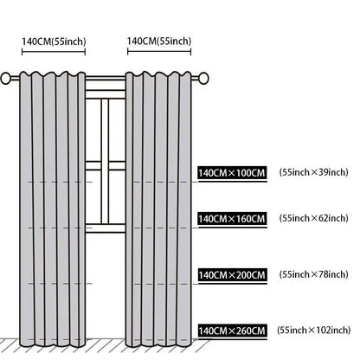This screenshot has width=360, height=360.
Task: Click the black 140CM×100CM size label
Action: [x=232, y=173]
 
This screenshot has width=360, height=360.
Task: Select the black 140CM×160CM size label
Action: [x=232, y=219]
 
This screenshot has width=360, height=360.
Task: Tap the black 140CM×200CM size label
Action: [x=232, y=275]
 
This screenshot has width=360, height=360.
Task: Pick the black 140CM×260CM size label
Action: [x=232, y=331]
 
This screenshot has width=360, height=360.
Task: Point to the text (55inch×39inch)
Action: [x=313, y=172]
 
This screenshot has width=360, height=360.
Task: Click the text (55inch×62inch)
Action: [x=313, y=218]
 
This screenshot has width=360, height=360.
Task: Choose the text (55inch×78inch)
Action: [x=313, y=274]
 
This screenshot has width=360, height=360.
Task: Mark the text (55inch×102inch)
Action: [x=314, y=330]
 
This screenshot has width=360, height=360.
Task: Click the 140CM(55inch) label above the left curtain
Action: [x=54, y=42]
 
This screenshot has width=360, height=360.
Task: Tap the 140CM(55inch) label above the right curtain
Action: [x=159, y=42]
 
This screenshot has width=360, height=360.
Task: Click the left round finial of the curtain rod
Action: [x=5, y=78]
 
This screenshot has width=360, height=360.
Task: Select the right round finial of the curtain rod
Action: [x=203, y=78]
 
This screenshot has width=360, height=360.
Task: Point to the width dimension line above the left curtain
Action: [x=54, y=52]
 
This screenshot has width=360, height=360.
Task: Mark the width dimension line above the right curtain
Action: [x=159, y=52]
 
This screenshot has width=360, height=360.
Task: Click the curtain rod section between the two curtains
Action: [x=106, y=78]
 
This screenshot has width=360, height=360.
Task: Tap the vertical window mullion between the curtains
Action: [x=105, y=162]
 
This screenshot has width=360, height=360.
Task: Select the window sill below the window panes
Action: [x=106, y=228]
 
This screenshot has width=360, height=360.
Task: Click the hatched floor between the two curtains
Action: [x=106, y=345]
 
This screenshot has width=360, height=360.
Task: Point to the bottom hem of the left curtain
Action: [x=53, y=344]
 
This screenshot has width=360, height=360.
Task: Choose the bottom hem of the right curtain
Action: [x=158, y=344]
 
